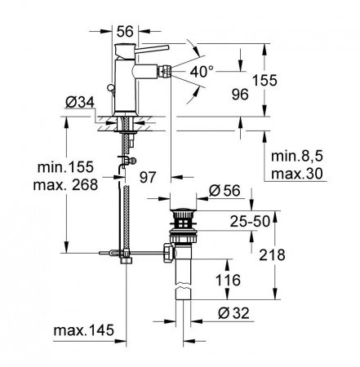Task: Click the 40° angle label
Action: (x=204, y=71)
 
